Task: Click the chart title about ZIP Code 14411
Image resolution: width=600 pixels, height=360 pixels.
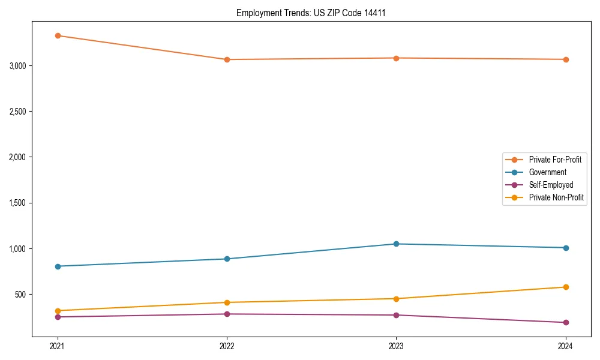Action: point(311,13)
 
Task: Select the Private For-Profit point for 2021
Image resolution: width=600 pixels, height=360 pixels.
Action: point(58,35)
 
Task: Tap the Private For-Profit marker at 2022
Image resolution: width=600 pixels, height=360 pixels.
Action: point(227,59)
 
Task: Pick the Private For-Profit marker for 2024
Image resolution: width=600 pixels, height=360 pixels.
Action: point(565,59)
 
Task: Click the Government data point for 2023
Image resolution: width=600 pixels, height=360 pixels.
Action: point(396,244)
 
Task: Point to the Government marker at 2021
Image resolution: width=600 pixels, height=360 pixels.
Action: point(58,266)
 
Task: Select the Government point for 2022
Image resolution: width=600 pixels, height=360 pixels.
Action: point(227,259)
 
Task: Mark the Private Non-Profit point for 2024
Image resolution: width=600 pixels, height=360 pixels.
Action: point(565,287)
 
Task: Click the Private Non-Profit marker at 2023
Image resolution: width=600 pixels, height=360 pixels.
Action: point(396,299)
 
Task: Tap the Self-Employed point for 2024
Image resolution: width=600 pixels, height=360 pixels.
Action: point(565,322)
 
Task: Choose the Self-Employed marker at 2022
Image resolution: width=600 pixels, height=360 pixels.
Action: point(227,314)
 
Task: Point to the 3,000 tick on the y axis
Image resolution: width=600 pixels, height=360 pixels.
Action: point(19,65)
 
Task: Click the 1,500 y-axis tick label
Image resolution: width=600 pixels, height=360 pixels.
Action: point(19,203)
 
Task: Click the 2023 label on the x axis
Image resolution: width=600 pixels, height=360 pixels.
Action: point(396,346)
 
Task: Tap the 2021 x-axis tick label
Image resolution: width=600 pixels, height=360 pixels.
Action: point(58,346)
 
